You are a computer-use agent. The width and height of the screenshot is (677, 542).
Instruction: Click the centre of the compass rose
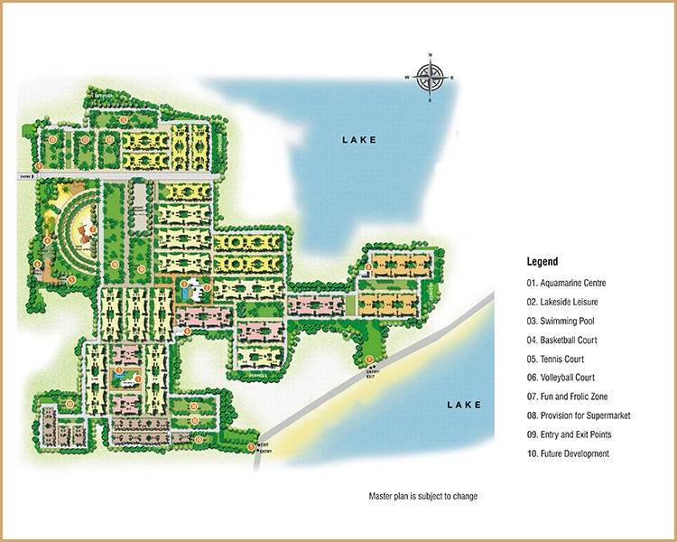coord(430,78)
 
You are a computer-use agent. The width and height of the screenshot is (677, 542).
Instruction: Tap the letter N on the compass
coord(430,57)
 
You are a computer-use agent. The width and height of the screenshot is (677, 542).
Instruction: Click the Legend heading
coord(543,261)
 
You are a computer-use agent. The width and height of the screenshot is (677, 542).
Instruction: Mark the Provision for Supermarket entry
coord(579,416)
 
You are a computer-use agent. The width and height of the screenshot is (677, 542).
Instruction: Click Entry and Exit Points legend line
coord(573,435)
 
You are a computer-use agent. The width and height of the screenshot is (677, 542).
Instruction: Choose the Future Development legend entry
coord(568,453)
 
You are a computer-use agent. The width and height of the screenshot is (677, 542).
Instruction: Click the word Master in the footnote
coord(381,496)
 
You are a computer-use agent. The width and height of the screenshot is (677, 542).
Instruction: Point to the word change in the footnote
coord(464,496)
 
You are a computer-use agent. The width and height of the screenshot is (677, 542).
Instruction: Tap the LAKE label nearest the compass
coord(358,139)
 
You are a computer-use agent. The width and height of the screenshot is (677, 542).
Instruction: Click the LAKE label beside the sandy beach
coord(464,405)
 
